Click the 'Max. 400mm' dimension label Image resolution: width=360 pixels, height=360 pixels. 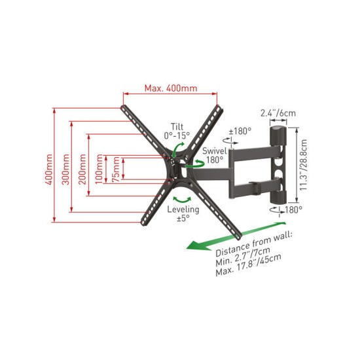[171, 88]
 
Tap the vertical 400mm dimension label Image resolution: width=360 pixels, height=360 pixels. [48, 170]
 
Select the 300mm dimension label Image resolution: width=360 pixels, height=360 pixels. [66, 170]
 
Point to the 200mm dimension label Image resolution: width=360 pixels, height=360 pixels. [82, 170]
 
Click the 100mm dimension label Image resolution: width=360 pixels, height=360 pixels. [99, 170]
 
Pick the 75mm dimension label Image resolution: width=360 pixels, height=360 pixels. [116, 170]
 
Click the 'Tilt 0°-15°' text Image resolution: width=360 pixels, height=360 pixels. [177, 131]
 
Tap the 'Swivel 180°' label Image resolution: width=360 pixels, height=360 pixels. [214, 155]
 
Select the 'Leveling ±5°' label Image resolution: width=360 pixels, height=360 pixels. [183, 213]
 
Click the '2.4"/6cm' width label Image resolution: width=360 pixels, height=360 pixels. [278, 113]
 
